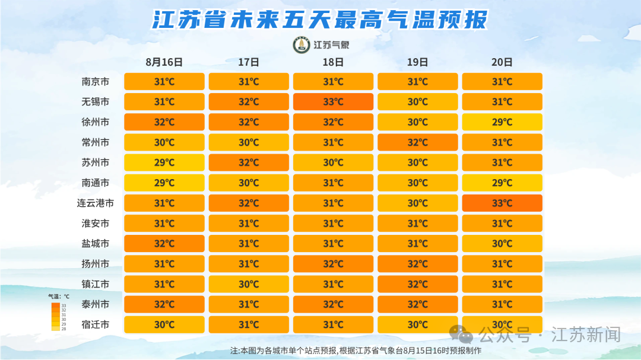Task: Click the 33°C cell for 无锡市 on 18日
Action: (333, 102)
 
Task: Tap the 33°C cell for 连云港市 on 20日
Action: (502, 203)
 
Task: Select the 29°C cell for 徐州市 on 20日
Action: (502, 122)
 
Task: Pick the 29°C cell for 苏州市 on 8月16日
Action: (164, 163)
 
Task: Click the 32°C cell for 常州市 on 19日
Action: (418, 142)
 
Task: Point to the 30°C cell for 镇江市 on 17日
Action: (249, 284)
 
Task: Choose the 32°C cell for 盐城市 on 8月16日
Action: (164, 244)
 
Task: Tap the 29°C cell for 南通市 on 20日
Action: (502, 183)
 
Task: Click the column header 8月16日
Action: (164, 62)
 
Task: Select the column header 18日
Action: (333, 62)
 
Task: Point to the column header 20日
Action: (502, 62)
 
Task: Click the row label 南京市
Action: (95, 82)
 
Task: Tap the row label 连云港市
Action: (95, 203)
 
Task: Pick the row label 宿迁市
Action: (95, 324)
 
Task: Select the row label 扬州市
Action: (95, 264)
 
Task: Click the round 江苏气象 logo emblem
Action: (302, 45)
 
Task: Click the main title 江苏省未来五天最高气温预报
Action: (320, 20)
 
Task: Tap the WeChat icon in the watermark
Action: (461, 334)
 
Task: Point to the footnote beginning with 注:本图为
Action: (356, 351)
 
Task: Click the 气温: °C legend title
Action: (59, 297)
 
